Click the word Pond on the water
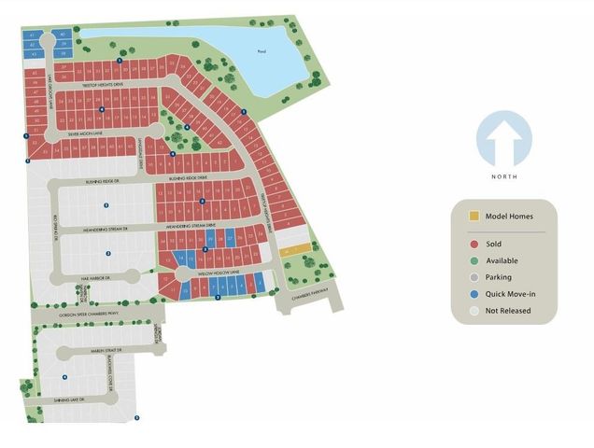point(262,52)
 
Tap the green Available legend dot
point(475,261)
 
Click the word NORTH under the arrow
point(503,176)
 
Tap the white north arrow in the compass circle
point(503,136)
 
